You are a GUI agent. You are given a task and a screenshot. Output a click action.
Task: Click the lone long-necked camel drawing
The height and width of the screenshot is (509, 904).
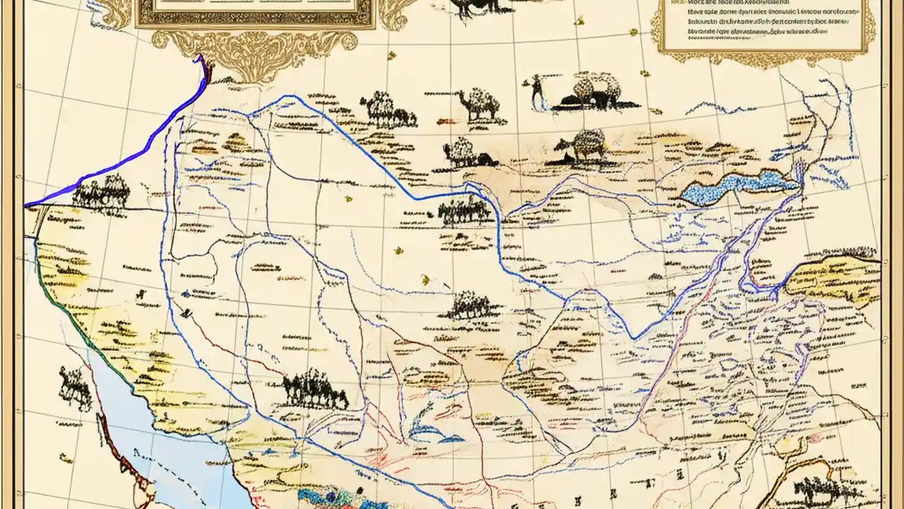[x=478, y=104]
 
